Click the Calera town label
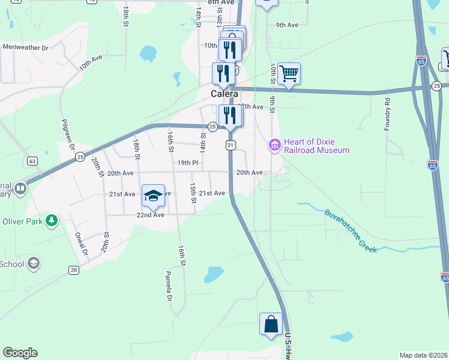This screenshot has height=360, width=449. pyautogui.click(x=224, y=94)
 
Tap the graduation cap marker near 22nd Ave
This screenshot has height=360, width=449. pyautogui.click(x=153, y=195)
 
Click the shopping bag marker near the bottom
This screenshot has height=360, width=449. pyautogui.click(x=271, y=324)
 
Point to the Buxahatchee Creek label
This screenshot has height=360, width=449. pyautogui.click(x=351, y=230)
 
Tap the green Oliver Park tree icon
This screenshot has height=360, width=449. pyautogui.click(x=52, y=220)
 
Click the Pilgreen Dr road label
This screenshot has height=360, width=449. pyautogui.click(x=67, y=136)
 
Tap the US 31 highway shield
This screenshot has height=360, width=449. pyautogui.click(x=230, y=145)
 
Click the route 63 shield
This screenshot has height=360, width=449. pyautogui.click(x=32, y=161)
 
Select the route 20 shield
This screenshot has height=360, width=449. pyautogui.click(x=73, y=270)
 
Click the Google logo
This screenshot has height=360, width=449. pyautogui.click(x=20, y=353)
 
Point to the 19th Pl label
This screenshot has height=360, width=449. pyautogui.click(x=187, y=163)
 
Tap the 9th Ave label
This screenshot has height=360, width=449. pyautogui.click(x=287, y=25)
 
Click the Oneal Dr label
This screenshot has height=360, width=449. pyautogui.click(x=82, y=244)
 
